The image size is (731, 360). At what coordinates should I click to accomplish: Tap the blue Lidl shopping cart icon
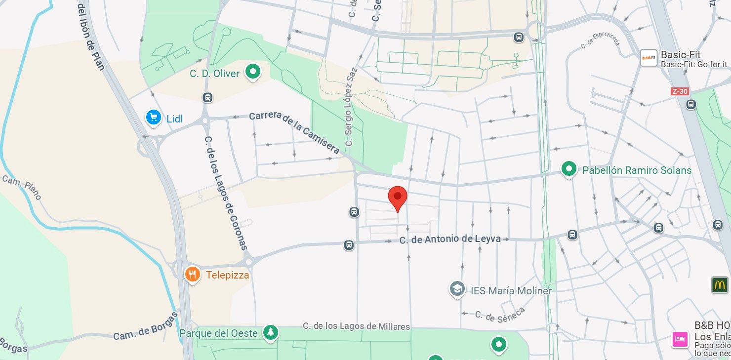pos(154,118)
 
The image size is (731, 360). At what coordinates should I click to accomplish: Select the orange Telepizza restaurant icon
pos(192,275)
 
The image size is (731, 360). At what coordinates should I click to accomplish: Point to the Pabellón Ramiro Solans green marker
pos(569,170)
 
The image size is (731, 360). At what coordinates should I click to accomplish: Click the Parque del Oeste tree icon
pos(270,333)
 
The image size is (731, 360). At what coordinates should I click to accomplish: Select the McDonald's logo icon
pos(720,285)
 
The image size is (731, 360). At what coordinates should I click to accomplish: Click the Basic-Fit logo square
pos(649,58)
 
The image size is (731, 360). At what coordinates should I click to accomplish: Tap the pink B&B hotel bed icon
pos(680,339)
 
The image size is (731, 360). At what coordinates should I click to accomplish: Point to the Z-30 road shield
pos(680,91)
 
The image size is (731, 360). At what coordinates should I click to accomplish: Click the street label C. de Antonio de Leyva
pos(450,240)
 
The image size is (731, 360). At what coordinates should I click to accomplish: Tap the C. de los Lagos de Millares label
pos(356,326)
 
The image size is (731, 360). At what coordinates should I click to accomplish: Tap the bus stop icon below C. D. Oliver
pos(208,98)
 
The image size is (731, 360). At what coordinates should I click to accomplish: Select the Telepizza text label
pos(227,275)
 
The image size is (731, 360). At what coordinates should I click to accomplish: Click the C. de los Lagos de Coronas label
pos(226,193)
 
